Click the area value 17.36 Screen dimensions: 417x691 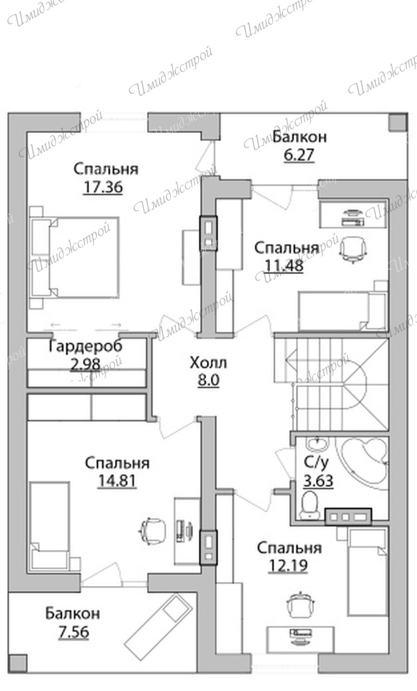(x=103, y=187)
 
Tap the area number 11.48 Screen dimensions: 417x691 (x=284, y=265)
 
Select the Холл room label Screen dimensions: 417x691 (x=208, y=363)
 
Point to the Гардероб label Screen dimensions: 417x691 (x=86, y=346)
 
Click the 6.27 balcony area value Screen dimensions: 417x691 (x=299, y=154)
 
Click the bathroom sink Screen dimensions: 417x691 (x=317, y=443)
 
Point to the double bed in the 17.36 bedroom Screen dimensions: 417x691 (x=75, y=257)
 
